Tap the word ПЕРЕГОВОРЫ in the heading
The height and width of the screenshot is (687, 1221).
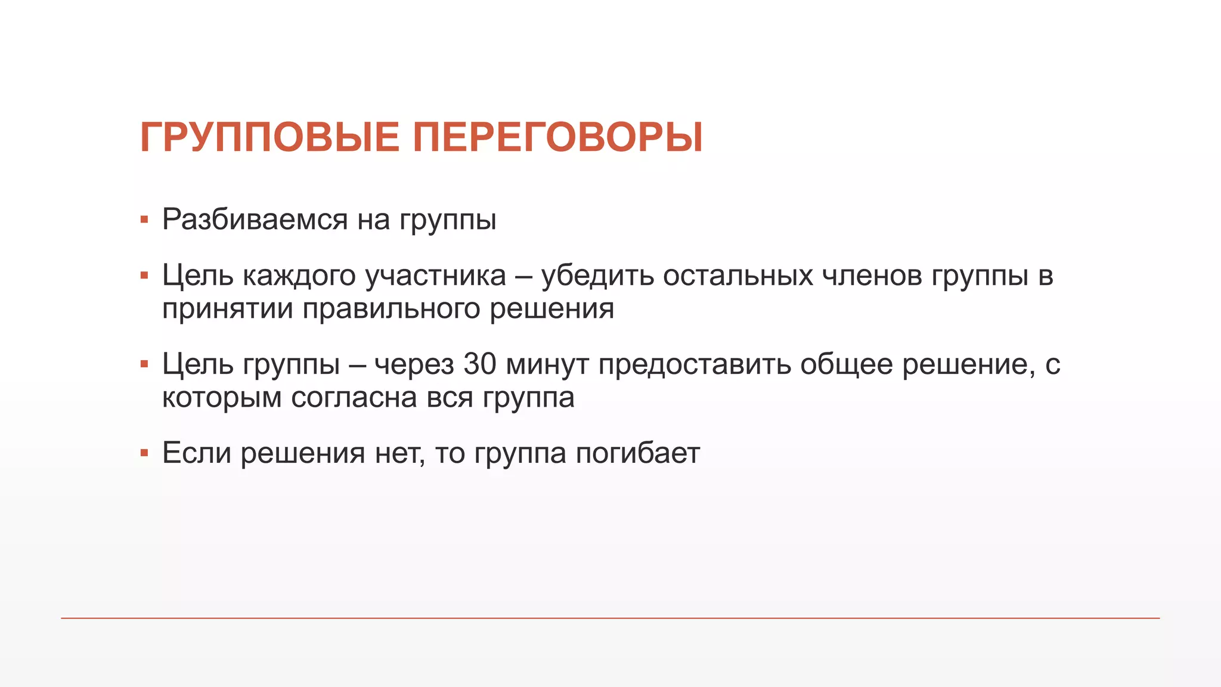coord(558,138)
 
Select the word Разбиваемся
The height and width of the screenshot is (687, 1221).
coord(255,219)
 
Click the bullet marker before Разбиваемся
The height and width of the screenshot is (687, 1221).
coord(144,220)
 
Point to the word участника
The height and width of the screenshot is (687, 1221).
coord(435,276)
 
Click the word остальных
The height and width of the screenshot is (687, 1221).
coord(738,276)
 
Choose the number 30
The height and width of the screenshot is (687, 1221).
coord(480,364)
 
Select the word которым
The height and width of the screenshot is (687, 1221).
coord(222,397)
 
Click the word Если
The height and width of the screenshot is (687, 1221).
coord(197,453)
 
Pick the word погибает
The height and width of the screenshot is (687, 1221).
coord(638,453)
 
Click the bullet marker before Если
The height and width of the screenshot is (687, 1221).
coord(144,453)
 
